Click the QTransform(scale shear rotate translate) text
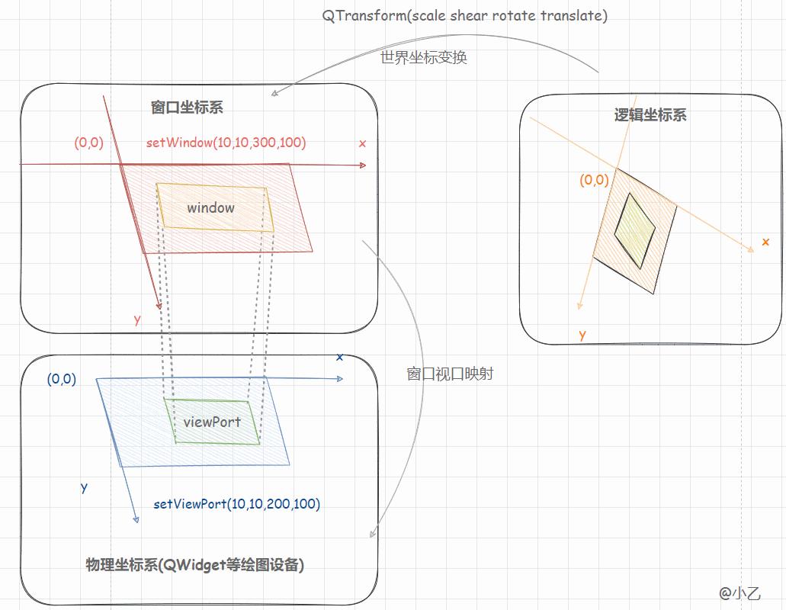point(465,16)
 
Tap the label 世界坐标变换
point(423,58)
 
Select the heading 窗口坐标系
point(187,108)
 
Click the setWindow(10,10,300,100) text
point(226,143)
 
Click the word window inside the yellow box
point(210,207)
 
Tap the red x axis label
point(362,143)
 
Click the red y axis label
point(137,319)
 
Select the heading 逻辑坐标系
point(650,115)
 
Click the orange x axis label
point(765,242)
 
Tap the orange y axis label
point(582,335)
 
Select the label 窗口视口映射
point(450,374)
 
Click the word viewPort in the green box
point(212,422)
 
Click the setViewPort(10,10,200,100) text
point(236,504)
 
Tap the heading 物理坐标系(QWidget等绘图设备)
point(195,565)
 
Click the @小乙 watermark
point(739,592)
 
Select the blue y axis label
point(84,487)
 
